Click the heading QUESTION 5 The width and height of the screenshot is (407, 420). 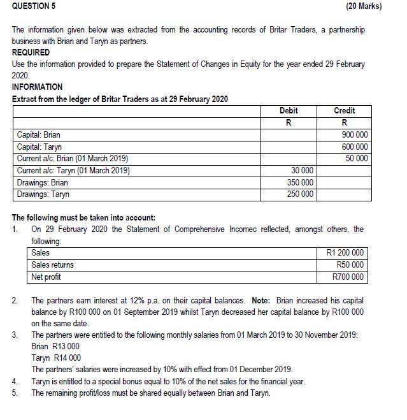(32, 6)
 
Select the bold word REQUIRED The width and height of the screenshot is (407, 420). (31, 53)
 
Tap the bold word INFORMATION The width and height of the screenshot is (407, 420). (37, 87)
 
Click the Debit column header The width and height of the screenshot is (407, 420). (289, 111)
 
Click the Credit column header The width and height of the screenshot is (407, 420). (345, 111)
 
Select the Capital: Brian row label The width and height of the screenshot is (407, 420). (39, 135)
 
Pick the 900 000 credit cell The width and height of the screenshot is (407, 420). (355, 135)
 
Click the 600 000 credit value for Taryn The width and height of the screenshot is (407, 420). (355, 147)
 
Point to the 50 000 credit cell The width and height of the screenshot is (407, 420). (357, 158)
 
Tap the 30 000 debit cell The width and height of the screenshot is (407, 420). (302, 171)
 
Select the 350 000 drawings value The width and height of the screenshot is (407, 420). (300, 182)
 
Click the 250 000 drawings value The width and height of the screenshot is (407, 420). (300, 194)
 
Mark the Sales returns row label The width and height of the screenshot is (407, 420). (53, 264)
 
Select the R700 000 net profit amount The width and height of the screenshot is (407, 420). (348, 277)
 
